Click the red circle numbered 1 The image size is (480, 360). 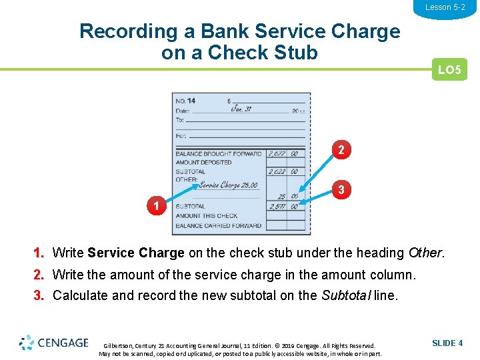pos(156,206)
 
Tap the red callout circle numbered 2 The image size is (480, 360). pos(341,150)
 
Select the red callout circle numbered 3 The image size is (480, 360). pos(341,190)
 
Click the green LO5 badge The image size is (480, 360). pos(449,69)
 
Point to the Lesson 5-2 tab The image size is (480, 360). pos(445,7)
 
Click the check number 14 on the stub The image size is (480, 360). pos(191,101)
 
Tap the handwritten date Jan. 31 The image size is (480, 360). pos(241,109)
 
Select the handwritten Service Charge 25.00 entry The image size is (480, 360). pos(228,185)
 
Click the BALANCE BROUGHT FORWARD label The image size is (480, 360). pos(219,153)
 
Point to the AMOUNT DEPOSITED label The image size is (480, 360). pos(203,162)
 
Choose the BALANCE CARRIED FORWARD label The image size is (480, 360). pos(219,225)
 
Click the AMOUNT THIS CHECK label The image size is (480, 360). pos(207,216)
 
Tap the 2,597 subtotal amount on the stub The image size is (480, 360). pos(277,207)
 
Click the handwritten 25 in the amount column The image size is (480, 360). pos(282,197)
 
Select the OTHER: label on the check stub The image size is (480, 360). pos(187,179)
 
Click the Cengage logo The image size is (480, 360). pos(54,343)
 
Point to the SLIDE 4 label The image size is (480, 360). pos(447,343)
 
